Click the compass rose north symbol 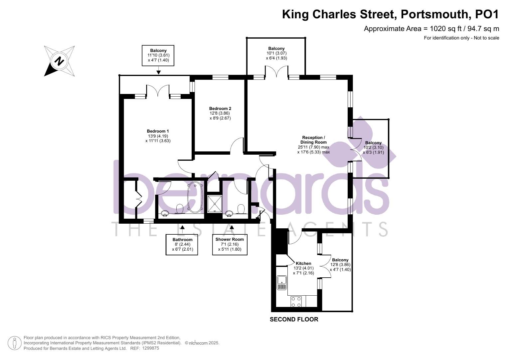(x=59, y=61)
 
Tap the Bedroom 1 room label (x=158, y=136)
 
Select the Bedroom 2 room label (x=220, y=113)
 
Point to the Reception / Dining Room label (x=313, y=145)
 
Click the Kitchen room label (x=303, y=268)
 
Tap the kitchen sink (x=281, y=282)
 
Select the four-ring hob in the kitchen (x=296, y=302)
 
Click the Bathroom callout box (x=182, y=244)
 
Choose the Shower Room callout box (x=230, y=244)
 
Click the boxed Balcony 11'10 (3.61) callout (x=158, y=55)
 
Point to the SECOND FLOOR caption (x=294, y=319)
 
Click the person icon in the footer (x=15, y=343)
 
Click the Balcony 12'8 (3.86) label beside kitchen (x=340, y=265)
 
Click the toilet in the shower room (x=241, y=209)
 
